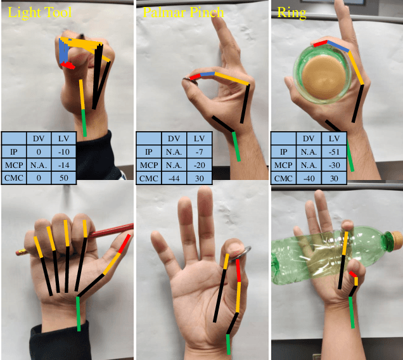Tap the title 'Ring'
tap(292, 12)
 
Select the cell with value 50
tap(65, 178)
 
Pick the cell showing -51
tap(333, 152)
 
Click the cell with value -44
tap(174, 178)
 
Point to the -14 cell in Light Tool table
tap(65, 165)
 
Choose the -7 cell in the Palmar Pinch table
tap(199, 152)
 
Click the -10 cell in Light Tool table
tap(65, 152)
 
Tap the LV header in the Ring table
tap(333, 139)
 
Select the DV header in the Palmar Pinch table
tap(174, 139)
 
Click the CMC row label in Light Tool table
tap(13, 178)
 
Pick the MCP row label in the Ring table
tap(282, 165)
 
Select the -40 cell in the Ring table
tap(308, 178)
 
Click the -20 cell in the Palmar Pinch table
tap(199, 165)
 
